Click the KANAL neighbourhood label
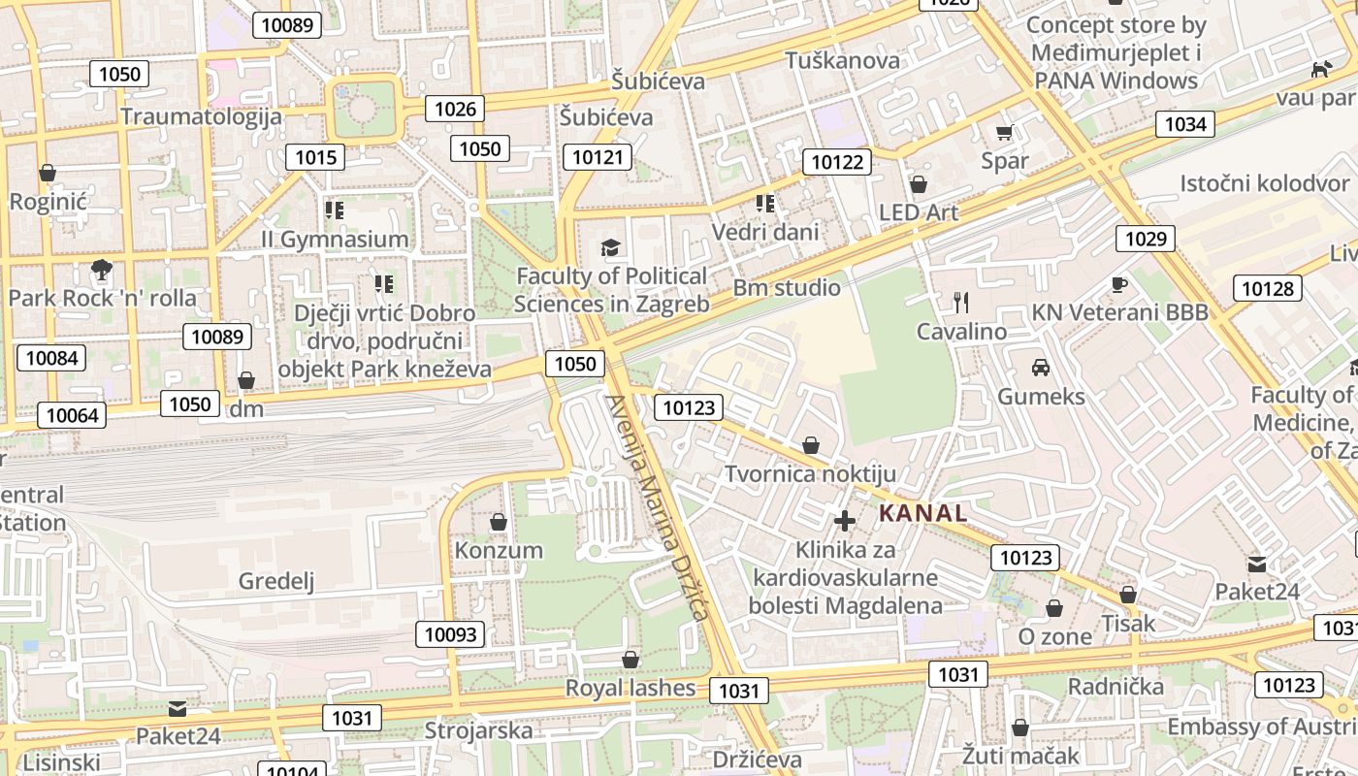[x=922, y=513]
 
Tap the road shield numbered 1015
[x=315, y=157]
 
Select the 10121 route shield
[x=601, y=157]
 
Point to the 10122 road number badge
[x=836, y=162]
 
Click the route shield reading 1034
[x=1184, y=123]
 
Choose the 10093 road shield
[x=451, y=634]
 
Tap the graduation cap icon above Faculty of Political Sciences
[x=610, y=247]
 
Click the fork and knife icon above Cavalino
[x=961, y=303]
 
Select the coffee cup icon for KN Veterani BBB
[x=1119, y=284]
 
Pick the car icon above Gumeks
[x=1041, y=368]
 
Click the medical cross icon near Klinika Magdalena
[x=845, y=521]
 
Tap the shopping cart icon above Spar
[x=1004, y=132]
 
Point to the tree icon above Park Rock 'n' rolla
[x=101, y=269]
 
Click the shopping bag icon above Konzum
[x=499, y=522]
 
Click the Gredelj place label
[x=276, y=581]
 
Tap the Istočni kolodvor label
[x=1264, y=183]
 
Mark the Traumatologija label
[x=202, y=116]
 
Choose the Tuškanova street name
[x=842, y=60]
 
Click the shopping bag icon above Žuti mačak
[x=1019, y=727]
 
